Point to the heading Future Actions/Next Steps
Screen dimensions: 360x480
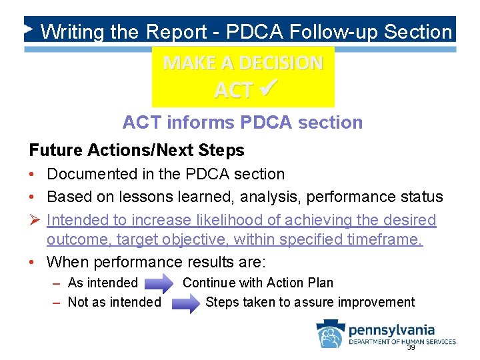pyautogui.click(x=137, y=151)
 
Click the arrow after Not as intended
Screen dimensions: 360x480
pyautogui.click(x=186, y=303)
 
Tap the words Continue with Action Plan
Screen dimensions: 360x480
pyautogui.click(x=258, y=283)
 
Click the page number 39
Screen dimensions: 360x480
pyautogui.click(x=411, y=347)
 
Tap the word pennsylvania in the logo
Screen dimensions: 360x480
pyautogui.click(x=392, y=329)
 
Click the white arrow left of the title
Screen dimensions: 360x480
pyautogui.click(x=28, y=29)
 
